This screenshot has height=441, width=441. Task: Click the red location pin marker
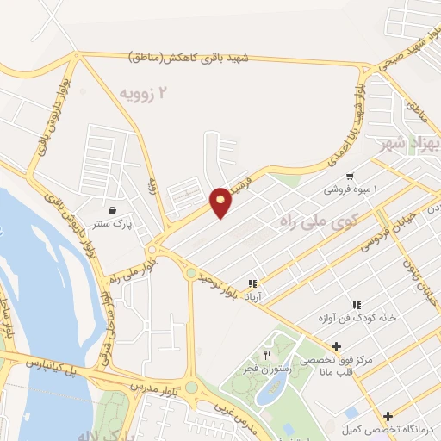point(221,202)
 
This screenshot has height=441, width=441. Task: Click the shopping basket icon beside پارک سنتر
point(113,209)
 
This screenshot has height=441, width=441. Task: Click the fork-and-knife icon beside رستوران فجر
point(268,354)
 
